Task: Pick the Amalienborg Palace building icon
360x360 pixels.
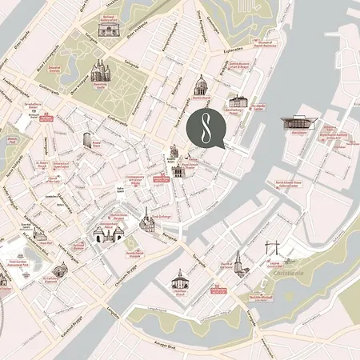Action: [237, 102]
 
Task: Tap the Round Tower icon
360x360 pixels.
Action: [87, 140]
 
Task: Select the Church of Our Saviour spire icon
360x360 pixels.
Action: [238, 262]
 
